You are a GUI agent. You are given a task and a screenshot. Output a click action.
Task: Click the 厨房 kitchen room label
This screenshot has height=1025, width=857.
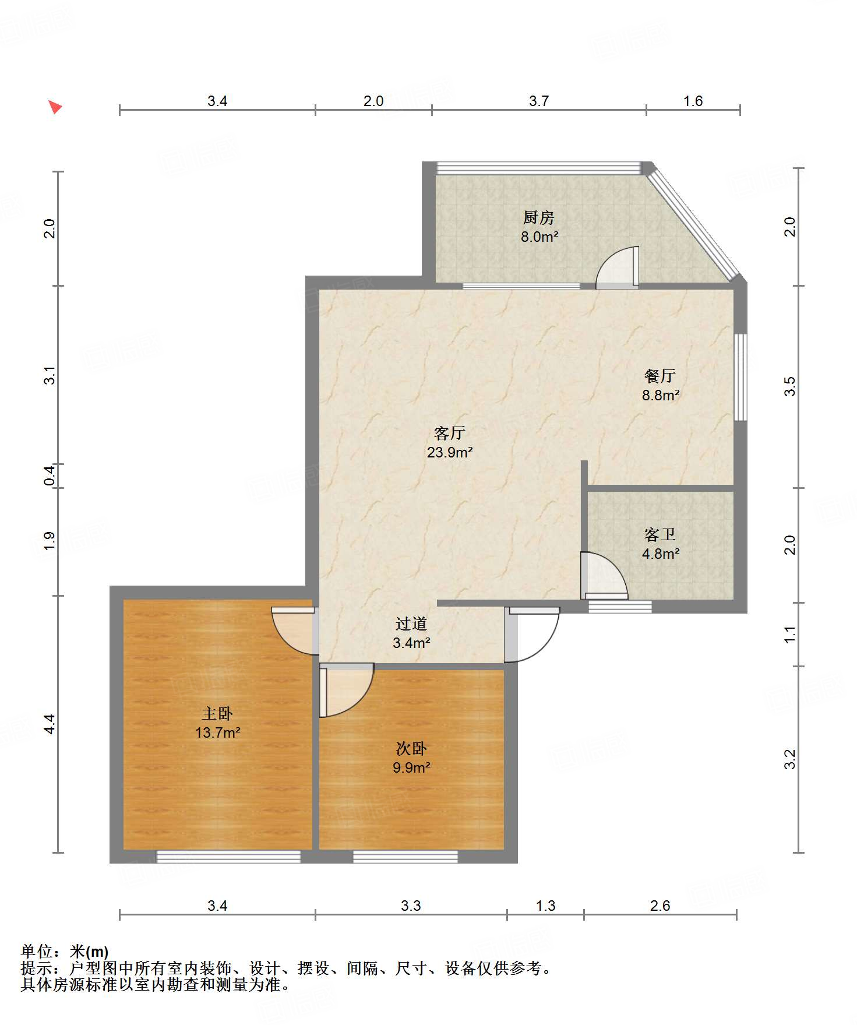[x=538, y=218]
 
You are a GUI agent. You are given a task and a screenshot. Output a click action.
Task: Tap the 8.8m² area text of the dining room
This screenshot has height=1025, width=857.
[x=661, y=395]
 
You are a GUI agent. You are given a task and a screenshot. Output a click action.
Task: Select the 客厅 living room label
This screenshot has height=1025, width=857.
[x=449, y=433]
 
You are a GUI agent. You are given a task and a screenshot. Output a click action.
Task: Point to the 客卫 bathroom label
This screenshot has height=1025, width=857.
[x=660, y=534]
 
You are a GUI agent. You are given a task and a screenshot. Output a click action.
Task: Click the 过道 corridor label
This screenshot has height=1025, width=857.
[x=411, y=624]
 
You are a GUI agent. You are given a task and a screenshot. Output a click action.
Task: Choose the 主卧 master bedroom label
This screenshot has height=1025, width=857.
[x=217, y=713]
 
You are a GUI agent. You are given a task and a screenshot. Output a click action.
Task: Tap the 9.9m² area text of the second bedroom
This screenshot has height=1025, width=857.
[x=411, y=767]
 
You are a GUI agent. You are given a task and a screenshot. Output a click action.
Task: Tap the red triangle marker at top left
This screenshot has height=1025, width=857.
[x=55, y=107]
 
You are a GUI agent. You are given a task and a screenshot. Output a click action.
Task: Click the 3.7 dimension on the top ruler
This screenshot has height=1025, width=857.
[x=539, y=101]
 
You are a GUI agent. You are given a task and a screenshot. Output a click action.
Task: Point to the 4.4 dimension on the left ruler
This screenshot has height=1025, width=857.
[x=50, y=724]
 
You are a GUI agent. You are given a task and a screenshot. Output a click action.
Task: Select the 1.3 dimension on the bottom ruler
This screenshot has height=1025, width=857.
[x=546, y=906]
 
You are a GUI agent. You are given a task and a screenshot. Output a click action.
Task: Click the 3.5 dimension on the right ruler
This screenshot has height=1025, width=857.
[x=789, y=386]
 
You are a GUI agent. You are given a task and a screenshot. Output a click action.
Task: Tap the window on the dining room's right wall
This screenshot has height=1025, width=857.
[x=740, y=377]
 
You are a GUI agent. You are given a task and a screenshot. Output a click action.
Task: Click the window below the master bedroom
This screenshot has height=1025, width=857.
[x=228, y=857]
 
